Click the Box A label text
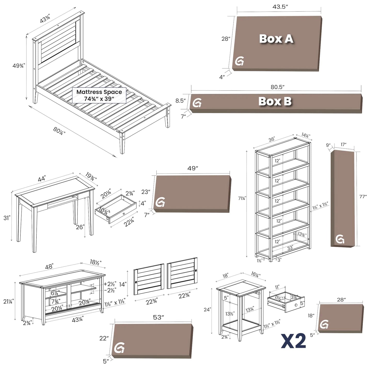276,39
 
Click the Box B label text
275,101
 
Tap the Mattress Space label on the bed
99,95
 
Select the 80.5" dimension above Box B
277,87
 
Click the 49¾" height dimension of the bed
19,66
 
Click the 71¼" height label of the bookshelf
242,198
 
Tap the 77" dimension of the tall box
363,197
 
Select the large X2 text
293,341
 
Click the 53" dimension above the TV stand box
159,318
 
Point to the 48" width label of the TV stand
49,266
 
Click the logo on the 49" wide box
160,203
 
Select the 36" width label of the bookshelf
271,139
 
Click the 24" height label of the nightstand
207,309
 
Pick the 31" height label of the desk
7,218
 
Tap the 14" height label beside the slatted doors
123,284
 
